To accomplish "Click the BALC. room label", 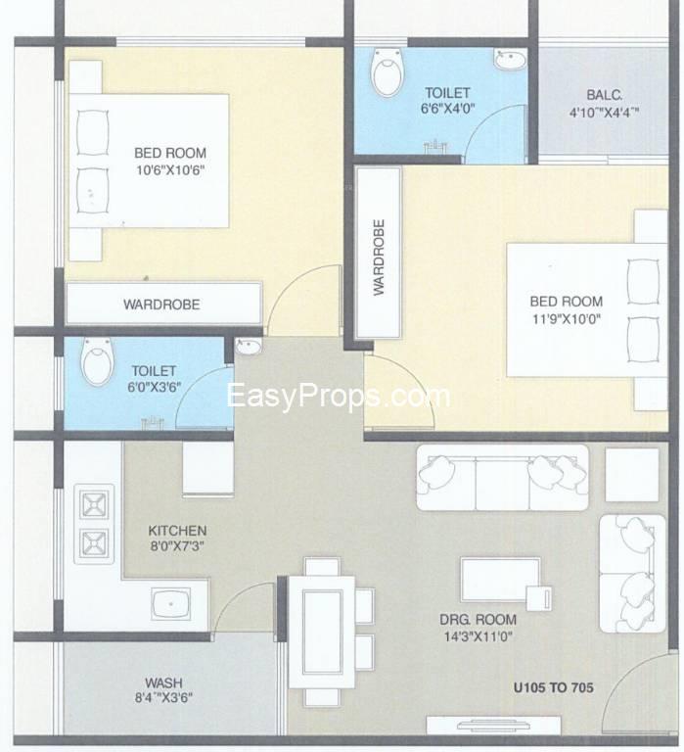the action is (604, 95).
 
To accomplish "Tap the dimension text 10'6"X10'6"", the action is (170, 170).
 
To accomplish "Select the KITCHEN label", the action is (177, 531).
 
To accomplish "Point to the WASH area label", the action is (164, 682).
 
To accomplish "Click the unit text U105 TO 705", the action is (553, 687).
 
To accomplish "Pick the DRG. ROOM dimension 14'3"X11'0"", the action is (479, 636).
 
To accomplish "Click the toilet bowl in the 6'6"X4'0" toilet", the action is (387, 71).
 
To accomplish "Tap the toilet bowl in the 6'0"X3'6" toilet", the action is (98, 361).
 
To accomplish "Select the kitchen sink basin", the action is (170, 603).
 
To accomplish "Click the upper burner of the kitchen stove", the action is (94, 504).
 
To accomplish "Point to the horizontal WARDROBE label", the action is (161, 305).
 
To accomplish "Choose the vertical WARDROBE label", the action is (379, 258).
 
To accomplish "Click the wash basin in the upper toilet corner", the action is (510, 60).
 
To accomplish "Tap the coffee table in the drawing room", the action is (500, 580).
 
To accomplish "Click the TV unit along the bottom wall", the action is (494, 726).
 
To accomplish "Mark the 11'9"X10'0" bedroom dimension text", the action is (566, 319).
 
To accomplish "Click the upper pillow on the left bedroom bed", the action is (93, 133).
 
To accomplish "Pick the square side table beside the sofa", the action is (632, 475).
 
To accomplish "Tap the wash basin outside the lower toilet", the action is (249, 347).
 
